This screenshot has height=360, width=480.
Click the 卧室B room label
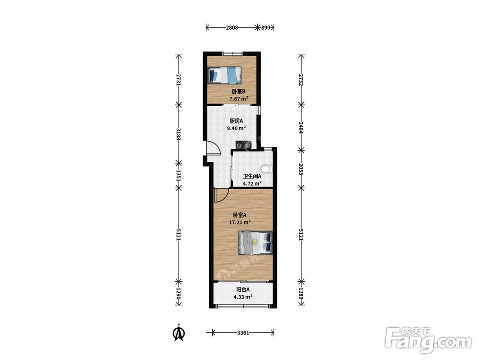coord(239,91)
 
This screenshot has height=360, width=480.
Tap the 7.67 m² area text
coord(239,98)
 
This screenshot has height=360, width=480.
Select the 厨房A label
coord(236,121)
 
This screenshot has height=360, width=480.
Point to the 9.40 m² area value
coord(236,128)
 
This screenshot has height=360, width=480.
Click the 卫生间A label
coord(252,176)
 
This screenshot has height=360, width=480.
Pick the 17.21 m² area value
coord(240,222)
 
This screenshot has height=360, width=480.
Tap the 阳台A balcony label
coord(243,289)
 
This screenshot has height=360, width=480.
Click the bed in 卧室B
coord(225,75)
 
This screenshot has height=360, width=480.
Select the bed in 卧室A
coord(255,242)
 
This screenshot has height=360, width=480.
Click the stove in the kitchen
coord(243,145)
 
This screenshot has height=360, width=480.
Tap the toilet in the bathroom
coord(267,169)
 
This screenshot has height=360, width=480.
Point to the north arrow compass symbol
coord(179,333)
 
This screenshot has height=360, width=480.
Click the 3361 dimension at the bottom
coord(243,333)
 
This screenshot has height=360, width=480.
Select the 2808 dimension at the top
coord(232,27)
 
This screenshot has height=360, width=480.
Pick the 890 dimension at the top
coord(266,27)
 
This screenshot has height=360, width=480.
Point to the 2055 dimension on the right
coord(301,168)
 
